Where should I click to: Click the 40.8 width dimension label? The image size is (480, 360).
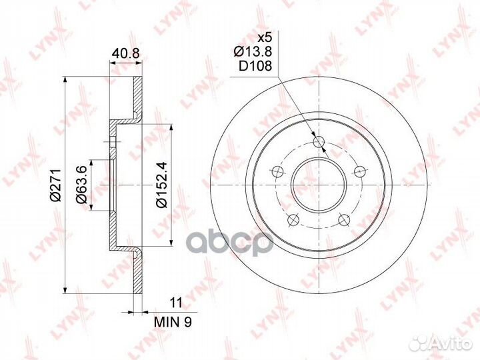[125, 53]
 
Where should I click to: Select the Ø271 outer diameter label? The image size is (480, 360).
[56, 185]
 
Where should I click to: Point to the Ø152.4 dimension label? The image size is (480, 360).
[161, 185]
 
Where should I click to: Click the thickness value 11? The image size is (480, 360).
[176, 303]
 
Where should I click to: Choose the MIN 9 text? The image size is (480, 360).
[173, 322]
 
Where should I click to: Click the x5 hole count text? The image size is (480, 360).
[265, 38]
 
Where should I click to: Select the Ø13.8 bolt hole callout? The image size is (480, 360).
[253, 51]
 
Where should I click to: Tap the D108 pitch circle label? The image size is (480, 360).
[255, 66]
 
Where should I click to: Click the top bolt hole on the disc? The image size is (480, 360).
[319, 141]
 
